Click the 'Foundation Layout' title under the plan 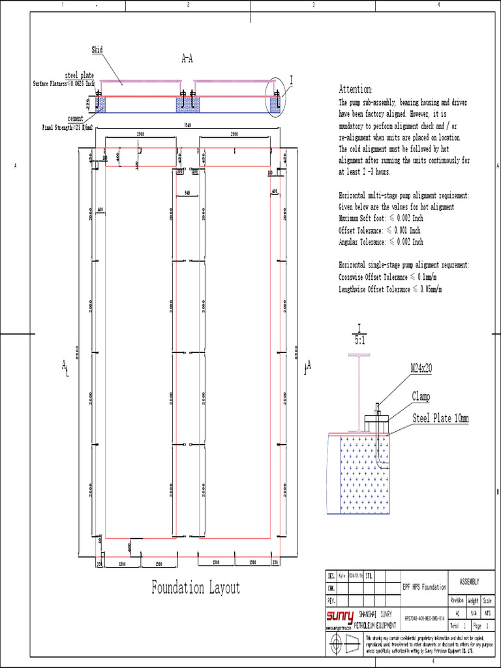196,588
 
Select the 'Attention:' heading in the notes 356,89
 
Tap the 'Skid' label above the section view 97,50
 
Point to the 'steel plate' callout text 80,76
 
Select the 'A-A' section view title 187,59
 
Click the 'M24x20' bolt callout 421,369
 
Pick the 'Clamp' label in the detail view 421,397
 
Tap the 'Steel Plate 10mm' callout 440,418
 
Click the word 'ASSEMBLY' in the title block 470,581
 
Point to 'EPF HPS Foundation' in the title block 424,587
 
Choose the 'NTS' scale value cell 487,613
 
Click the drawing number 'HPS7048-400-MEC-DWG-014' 424,618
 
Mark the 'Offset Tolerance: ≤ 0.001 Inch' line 380,230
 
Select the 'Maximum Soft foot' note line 381,219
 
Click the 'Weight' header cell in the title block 473,600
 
